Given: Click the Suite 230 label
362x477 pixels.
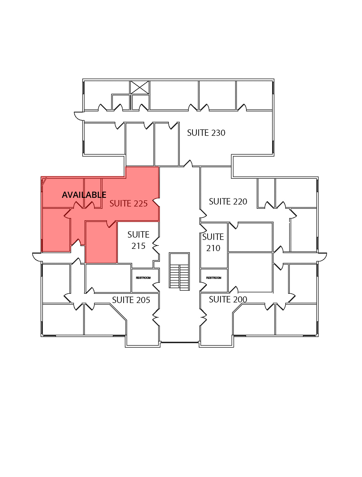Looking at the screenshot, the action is (206, 133).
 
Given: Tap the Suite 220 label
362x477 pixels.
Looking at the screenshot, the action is (228, 201).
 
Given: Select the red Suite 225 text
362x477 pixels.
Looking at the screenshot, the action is (129, 203).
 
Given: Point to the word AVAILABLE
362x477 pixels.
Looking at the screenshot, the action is (84, 195).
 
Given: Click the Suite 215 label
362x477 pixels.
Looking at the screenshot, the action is (138, 240).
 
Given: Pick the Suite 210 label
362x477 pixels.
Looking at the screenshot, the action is (213, 242).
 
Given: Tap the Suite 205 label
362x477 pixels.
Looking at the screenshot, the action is (131, 300).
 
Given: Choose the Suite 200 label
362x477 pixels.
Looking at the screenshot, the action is (228, 299).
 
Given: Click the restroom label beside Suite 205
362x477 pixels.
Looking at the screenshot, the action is (143, 278).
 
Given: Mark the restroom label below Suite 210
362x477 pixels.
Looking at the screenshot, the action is (214, 278).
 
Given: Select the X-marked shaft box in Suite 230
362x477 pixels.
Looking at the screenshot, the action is (140, 87).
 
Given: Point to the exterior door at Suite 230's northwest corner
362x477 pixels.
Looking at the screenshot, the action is (79, 116).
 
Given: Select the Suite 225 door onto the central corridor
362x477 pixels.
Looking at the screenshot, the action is (156, 202).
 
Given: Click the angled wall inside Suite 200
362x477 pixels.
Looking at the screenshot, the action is (237, 309).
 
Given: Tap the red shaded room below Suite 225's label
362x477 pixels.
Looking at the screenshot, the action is (101, 242).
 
